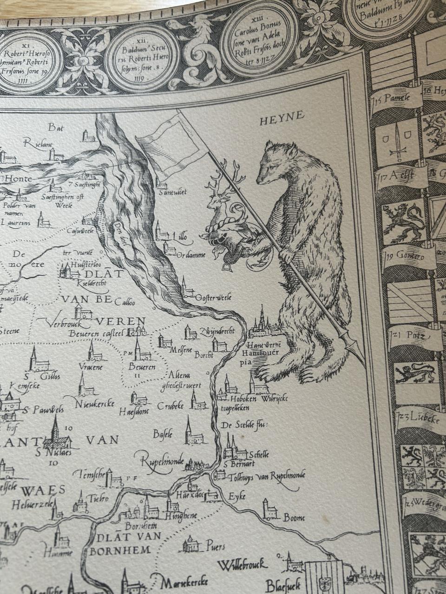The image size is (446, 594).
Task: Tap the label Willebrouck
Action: pyautogui.click(x=242, y=566)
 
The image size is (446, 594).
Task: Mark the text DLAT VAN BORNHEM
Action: pyautogui.click(x=123, y=543)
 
